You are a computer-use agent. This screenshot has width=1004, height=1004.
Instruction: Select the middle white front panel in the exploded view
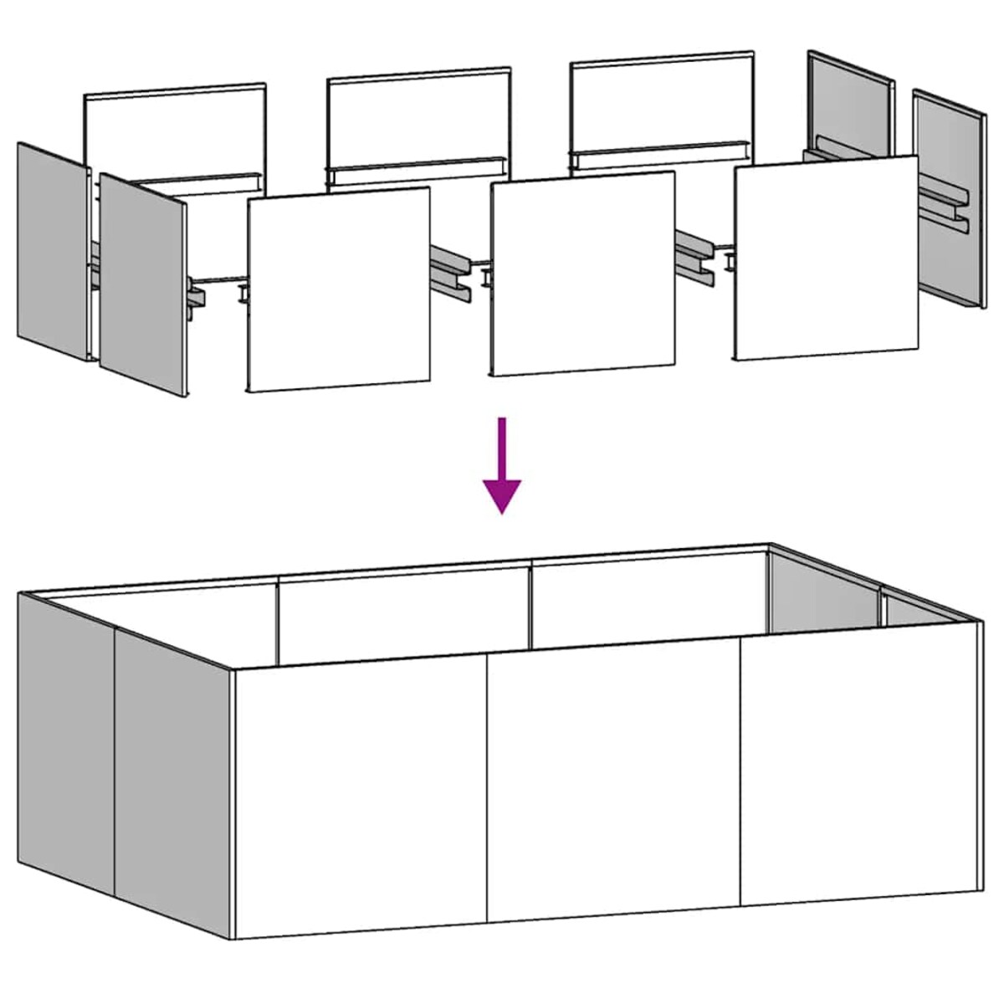(583, 274)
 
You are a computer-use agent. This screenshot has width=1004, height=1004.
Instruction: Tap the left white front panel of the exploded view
(340, 289)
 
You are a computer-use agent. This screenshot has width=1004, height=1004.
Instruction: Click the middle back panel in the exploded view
(418, 117)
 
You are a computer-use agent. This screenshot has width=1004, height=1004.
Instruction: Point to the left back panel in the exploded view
(175, 130)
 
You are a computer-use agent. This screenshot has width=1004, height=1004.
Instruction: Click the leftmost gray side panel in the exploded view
(53, 251)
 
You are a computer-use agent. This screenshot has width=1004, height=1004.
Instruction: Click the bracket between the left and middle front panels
(452, 272)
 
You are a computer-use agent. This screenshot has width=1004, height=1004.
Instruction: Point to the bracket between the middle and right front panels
(696, 255)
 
